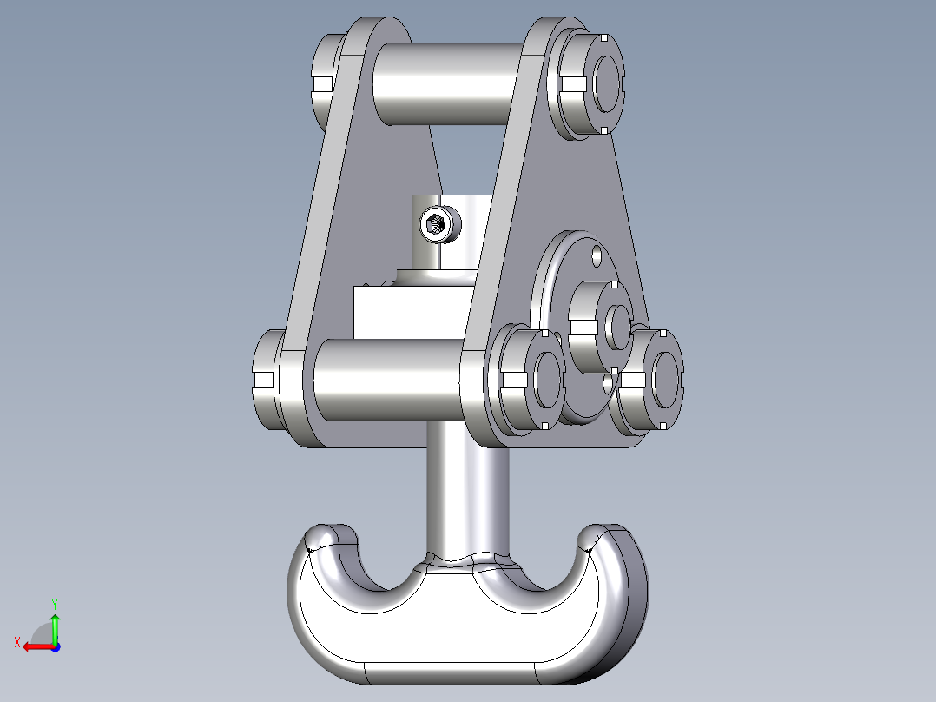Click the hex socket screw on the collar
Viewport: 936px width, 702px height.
click(435, 226)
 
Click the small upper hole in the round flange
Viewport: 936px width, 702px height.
click(597, 256)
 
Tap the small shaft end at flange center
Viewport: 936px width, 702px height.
click(619, 324)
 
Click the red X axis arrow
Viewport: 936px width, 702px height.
click(35, 646)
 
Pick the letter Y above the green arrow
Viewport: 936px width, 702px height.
click(54, 603)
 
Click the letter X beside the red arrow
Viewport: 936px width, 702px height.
click(16, 642)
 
